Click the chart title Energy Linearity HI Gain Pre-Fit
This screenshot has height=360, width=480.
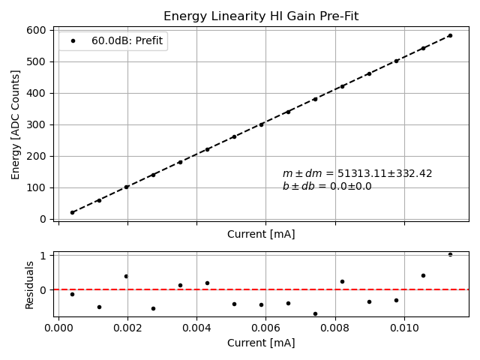point(260,16)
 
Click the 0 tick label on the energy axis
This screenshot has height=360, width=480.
point(43,219)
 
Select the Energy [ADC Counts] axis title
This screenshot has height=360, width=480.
point(16,124)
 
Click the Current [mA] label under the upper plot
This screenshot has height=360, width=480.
point(260,234)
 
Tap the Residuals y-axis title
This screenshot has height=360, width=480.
point(30,284)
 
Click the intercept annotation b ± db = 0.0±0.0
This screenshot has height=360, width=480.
point(327,186)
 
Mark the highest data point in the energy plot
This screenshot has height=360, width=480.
point(450,35)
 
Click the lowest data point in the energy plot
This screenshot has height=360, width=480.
point(72,212)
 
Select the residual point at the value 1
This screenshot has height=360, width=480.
point(450,254)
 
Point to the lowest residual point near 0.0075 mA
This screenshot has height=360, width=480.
point(315,313)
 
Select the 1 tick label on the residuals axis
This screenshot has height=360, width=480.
point(43,255)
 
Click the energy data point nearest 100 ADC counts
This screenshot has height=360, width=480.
point(126,187)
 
